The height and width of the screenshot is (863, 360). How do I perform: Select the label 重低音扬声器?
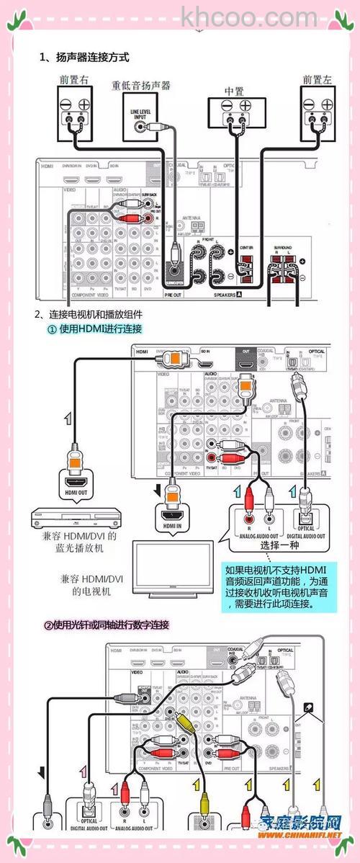pos(141,86)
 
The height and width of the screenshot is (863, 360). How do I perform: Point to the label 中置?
pos(234,91)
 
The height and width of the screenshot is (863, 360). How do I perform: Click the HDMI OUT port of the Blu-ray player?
pos(75,483)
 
